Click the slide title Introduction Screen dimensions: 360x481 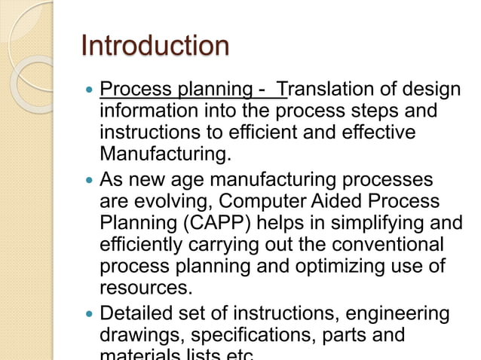point(155,46)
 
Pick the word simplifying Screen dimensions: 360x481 point(366,224)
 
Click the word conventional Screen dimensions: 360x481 point(393,246)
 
